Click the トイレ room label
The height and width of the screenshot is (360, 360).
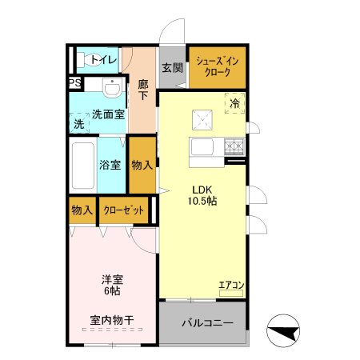tap(103, 60)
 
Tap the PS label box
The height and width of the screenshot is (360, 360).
tap(74, 83)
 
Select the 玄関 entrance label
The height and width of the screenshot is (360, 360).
tap(171, 68)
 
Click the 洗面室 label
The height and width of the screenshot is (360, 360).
tap(107, 114)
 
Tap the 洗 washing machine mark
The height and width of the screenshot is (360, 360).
tap(78, 124)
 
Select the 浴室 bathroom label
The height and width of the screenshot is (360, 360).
tap(110, 166)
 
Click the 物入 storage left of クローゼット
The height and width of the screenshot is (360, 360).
tap(82, 210)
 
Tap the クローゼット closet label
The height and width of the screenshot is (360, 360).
tap(125, 210)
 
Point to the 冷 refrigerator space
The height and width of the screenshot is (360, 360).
tap(235, 103)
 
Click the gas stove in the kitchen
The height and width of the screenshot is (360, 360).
tap(234, 146)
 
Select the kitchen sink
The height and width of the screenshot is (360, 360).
tap(201, 148)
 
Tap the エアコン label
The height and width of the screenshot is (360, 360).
tap(231, 285)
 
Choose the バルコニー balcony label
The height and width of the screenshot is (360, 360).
tap(206, 324)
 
